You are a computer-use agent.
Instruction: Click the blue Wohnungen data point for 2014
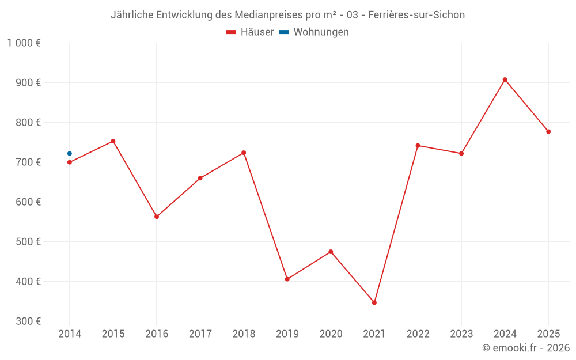pos(70,153)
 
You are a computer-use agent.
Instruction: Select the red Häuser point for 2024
pos(505,79)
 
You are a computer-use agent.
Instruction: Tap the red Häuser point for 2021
pos(374,302)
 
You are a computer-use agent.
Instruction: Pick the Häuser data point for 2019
pos(287,279)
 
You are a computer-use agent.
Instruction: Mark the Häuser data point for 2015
pos(113,141)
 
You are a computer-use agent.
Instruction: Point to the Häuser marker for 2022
pos(418,145)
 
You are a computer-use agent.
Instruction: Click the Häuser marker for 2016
pos(157,217)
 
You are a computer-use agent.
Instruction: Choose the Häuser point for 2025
pos(548,131)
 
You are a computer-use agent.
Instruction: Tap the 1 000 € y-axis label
pos(24,43)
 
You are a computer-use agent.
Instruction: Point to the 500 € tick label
pos(28,242)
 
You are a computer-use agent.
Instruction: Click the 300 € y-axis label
pos(28,321)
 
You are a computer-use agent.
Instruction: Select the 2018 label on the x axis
pos(244,334)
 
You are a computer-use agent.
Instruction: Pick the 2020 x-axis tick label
pos(331,334)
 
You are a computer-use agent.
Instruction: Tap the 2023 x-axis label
pos(461,334)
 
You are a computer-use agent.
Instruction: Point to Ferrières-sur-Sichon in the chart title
pos(416,15)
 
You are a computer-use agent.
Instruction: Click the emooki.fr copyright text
pos(526,348)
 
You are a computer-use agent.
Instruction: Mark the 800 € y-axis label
pos(28,123)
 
